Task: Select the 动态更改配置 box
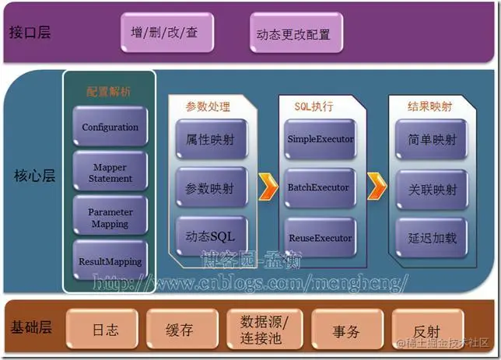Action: tap(293, 34)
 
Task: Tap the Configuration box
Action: tap(110, 128)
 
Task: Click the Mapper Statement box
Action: tap(110, 173)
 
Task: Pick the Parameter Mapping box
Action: tap(110, 217)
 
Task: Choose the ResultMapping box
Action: tap(110, 261)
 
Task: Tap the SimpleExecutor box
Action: tap(320, 139)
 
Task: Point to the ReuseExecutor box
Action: tap(320, 237)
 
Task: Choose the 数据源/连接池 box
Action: tap(266, 330)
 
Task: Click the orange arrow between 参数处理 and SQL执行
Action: tap(268, 187)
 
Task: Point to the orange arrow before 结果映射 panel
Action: tap(377, 187)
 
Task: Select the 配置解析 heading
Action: tap(108, 92)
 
